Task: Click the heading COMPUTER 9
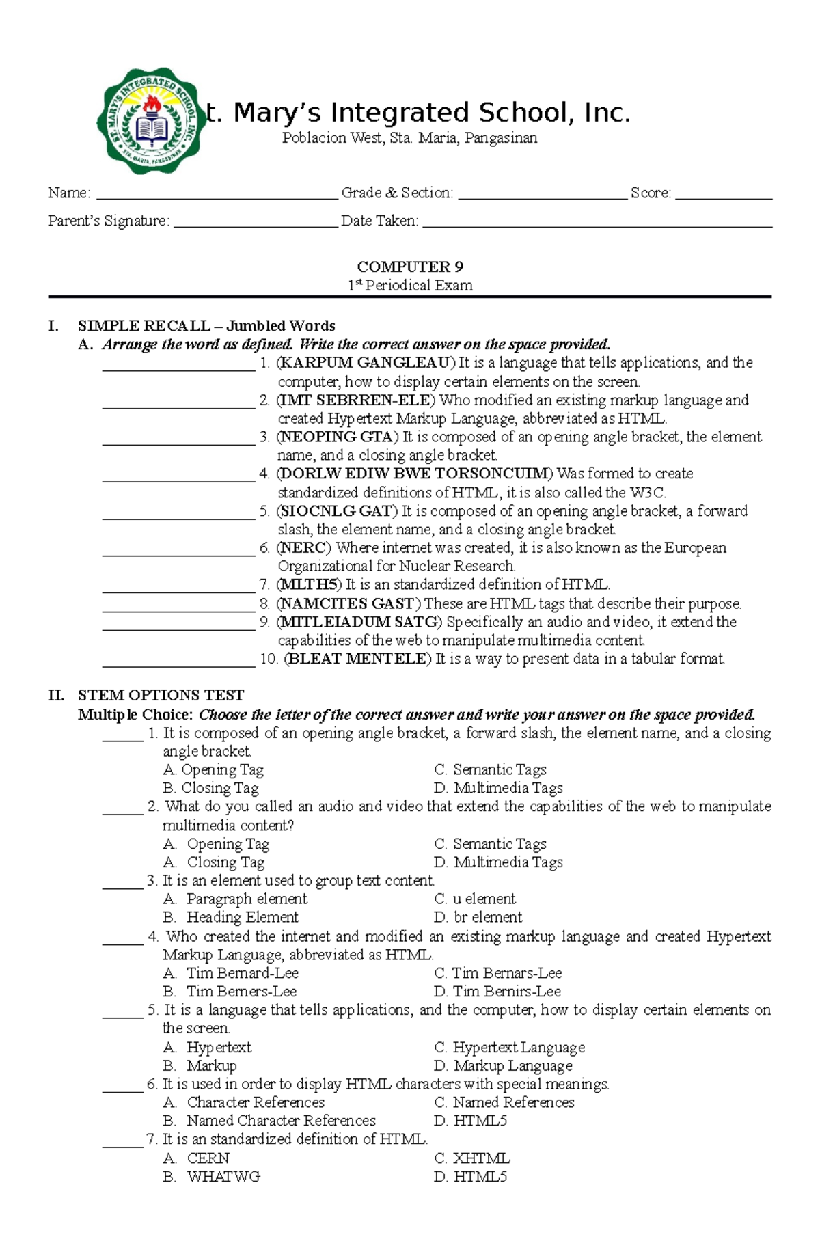pyautogui.click(x=410, y=267)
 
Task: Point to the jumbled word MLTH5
pyautogui.click(x=309, y=585)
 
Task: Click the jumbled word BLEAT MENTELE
pyautogui.click(x=358, y=659)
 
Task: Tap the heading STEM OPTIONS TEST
pyautogui.click(x=161, y=696)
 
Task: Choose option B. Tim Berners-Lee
pyautogui.click(x=230, y=992)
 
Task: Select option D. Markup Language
pyautogui.click(x=503, y=1066)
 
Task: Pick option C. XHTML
pyautogui.click(x=472, y=1159)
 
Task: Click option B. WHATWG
pyautogui.click(x=212, y=1177)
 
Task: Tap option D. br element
pyautogui.click(x=478, y=918)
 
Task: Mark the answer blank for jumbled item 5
pyautogui.click(x=178, y=516)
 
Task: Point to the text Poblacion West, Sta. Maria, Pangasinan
pyautogui.click(x=410, y=139)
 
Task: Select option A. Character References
pyautogui.click(x=244, y=1103)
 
